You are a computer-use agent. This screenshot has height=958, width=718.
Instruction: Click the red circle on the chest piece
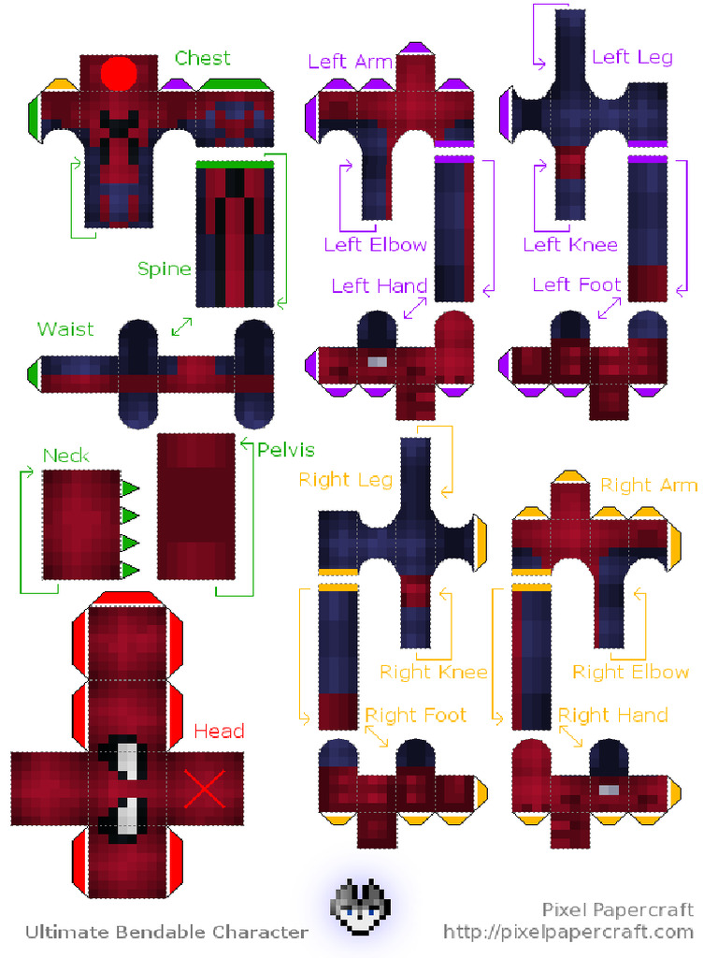tap(119, 73)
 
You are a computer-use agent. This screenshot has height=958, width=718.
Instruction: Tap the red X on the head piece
tap(205, 788)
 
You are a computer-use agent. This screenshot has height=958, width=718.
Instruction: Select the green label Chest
tap(203, 58)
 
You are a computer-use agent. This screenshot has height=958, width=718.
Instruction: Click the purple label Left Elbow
tap(375, 245)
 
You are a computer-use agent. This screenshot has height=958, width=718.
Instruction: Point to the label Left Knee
tap(570, 245)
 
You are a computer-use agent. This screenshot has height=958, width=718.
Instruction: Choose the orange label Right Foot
tap(415, 716)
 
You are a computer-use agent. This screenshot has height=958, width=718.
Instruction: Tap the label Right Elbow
tap(630, 672)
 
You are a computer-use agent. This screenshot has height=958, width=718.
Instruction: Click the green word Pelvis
tap(286, 450)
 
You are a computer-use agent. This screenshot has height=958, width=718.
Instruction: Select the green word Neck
tap(66, 456)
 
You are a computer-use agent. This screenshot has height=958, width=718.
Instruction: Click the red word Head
tap(219, 731)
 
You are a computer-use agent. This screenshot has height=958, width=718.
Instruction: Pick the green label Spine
tap(165, 269)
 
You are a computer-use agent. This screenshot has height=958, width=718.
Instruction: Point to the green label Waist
tap(65, 329)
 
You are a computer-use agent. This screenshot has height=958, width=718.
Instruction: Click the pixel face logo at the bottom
tap(361, 906)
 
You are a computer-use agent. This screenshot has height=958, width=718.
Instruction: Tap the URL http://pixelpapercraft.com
tap(568, 932)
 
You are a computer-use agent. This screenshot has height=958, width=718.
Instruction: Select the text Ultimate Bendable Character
tap(166, 932)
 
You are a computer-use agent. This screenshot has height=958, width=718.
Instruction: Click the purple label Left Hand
tap(379, 285)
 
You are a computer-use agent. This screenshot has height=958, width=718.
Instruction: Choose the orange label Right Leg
tap(346, 481)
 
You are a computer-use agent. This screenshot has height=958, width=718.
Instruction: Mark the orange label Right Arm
tap(649, 485)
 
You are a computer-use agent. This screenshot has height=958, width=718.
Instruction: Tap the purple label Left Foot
tap(576, 284)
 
